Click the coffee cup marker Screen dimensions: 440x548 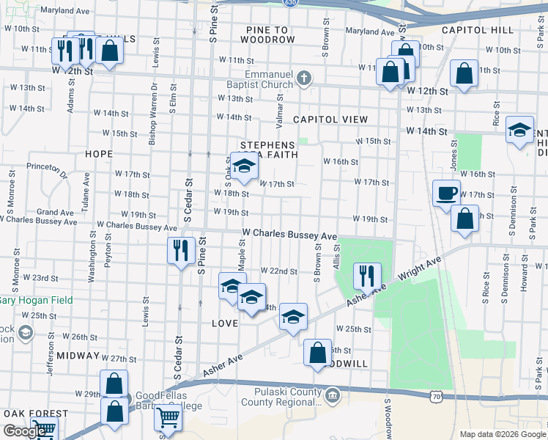pos(446,194)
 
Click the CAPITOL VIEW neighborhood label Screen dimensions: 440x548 pos(325,119)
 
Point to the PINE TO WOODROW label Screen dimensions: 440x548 pos(267,34)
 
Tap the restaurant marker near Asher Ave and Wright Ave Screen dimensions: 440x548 pos(367,276)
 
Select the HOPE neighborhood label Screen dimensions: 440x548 pos(99,154)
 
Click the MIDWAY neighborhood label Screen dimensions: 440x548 pos(78,355)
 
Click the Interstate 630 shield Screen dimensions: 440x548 pos(291,3)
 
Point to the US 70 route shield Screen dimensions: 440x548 pos(436,397)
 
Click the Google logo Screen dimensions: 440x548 pos(24,431)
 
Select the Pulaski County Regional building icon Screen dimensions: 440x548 pos(333,397)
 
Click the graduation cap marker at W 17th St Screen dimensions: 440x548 pos(244,165)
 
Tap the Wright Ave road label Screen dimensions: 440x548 pos(421,271)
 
